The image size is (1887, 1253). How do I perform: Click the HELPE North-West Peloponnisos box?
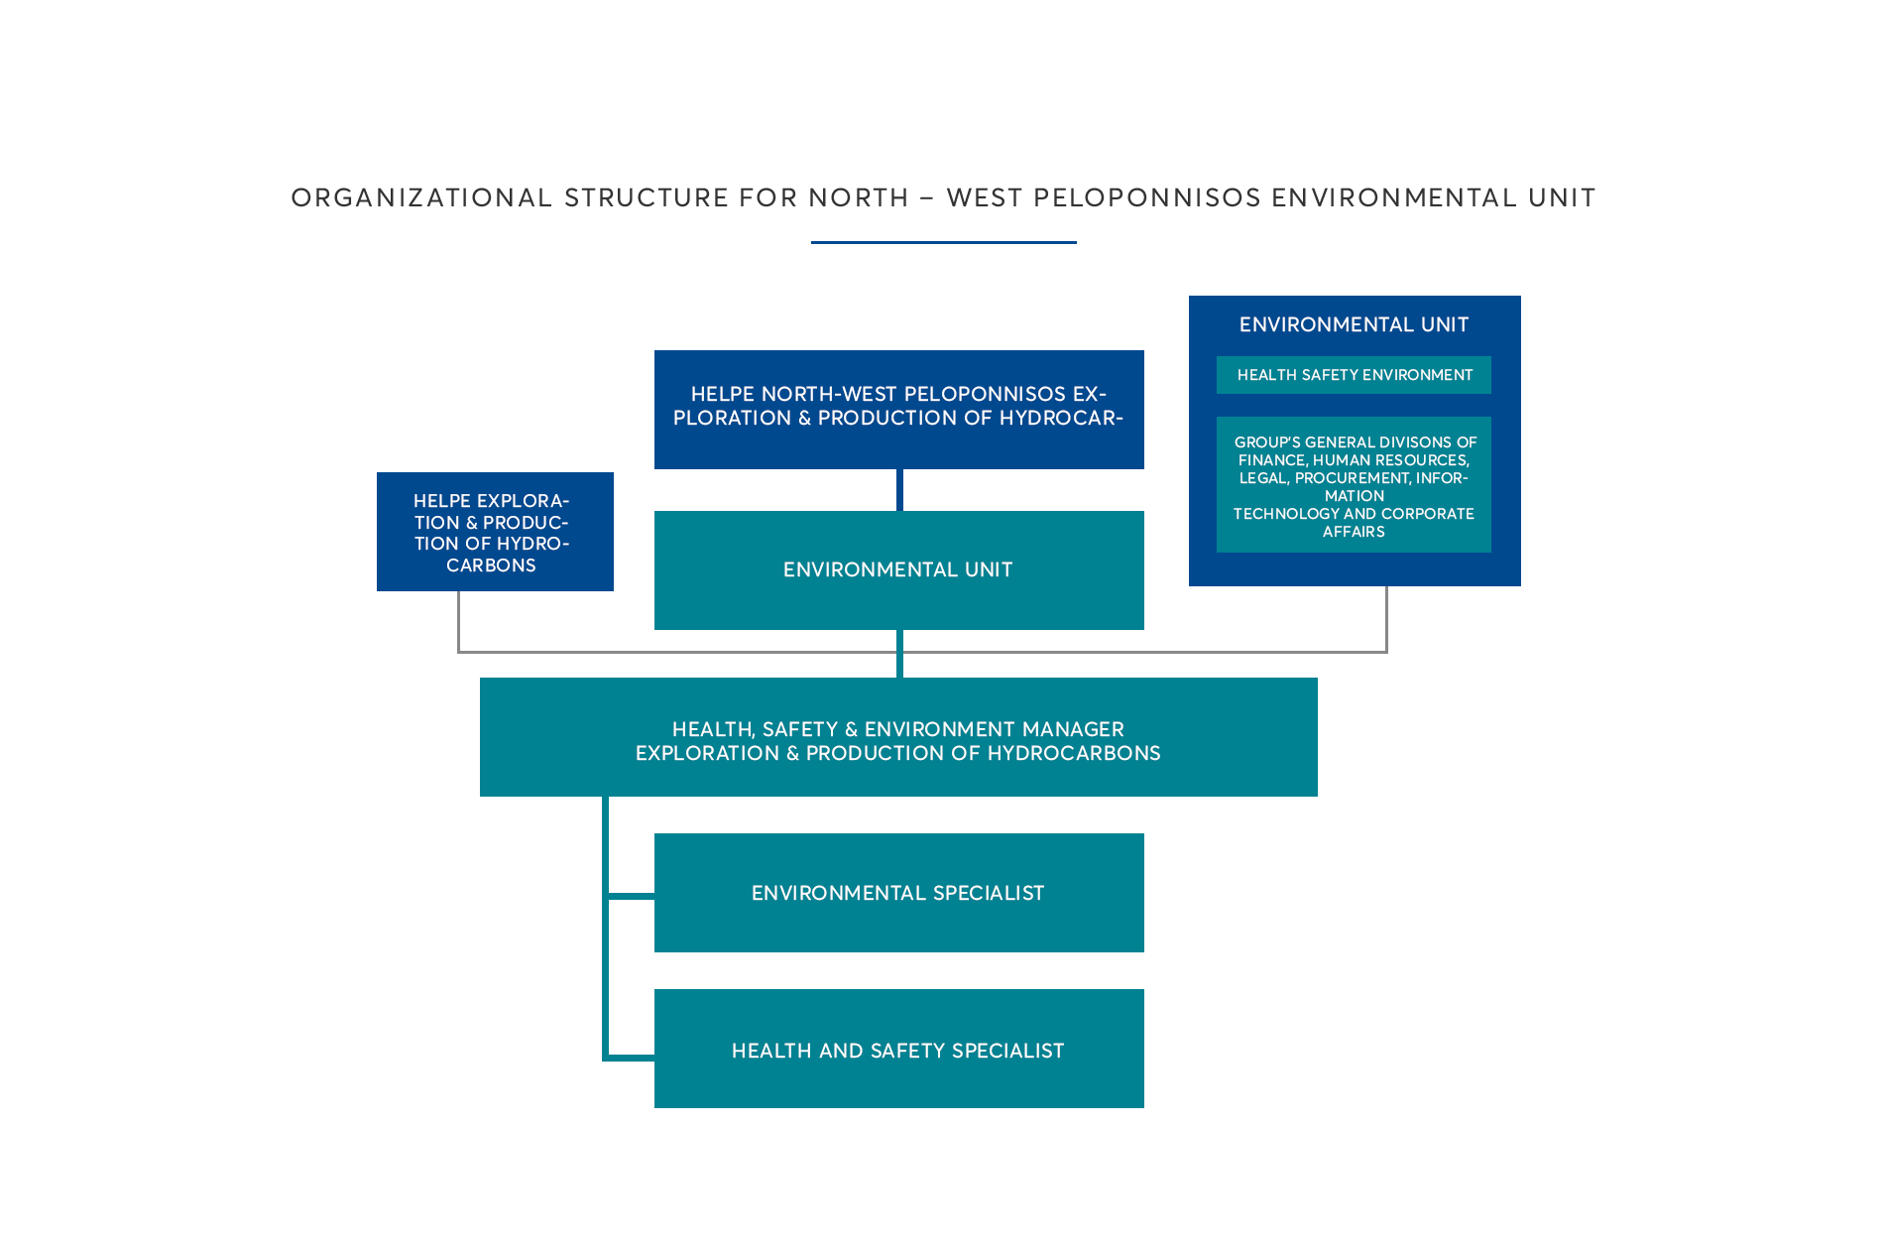898,408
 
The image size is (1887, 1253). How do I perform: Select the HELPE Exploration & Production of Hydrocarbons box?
494,532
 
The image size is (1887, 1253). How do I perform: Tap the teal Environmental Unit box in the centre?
898,569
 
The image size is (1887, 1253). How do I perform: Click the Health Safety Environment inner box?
1354,375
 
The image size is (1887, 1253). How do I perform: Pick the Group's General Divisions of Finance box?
1354,485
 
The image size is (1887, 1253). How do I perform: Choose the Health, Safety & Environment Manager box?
898,737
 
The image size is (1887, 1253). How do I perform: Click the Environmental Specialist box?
898,893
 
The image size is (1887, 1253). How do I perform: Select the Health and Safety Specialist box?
898,1049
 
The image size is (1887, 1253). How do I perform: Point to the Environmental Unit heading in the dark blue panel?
1354,324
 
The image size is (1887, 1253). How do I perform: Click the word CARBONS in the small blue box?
491,565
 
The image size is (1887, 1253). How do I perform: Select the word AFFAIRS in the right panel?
1354,532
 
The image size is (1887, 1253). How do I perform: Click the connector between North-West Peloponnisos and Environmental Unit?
899,489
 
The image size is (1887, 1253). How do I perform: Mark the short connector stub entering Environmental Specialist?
632,896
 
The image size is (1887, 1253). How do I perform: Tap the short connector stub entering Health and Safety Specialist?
632,1058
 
